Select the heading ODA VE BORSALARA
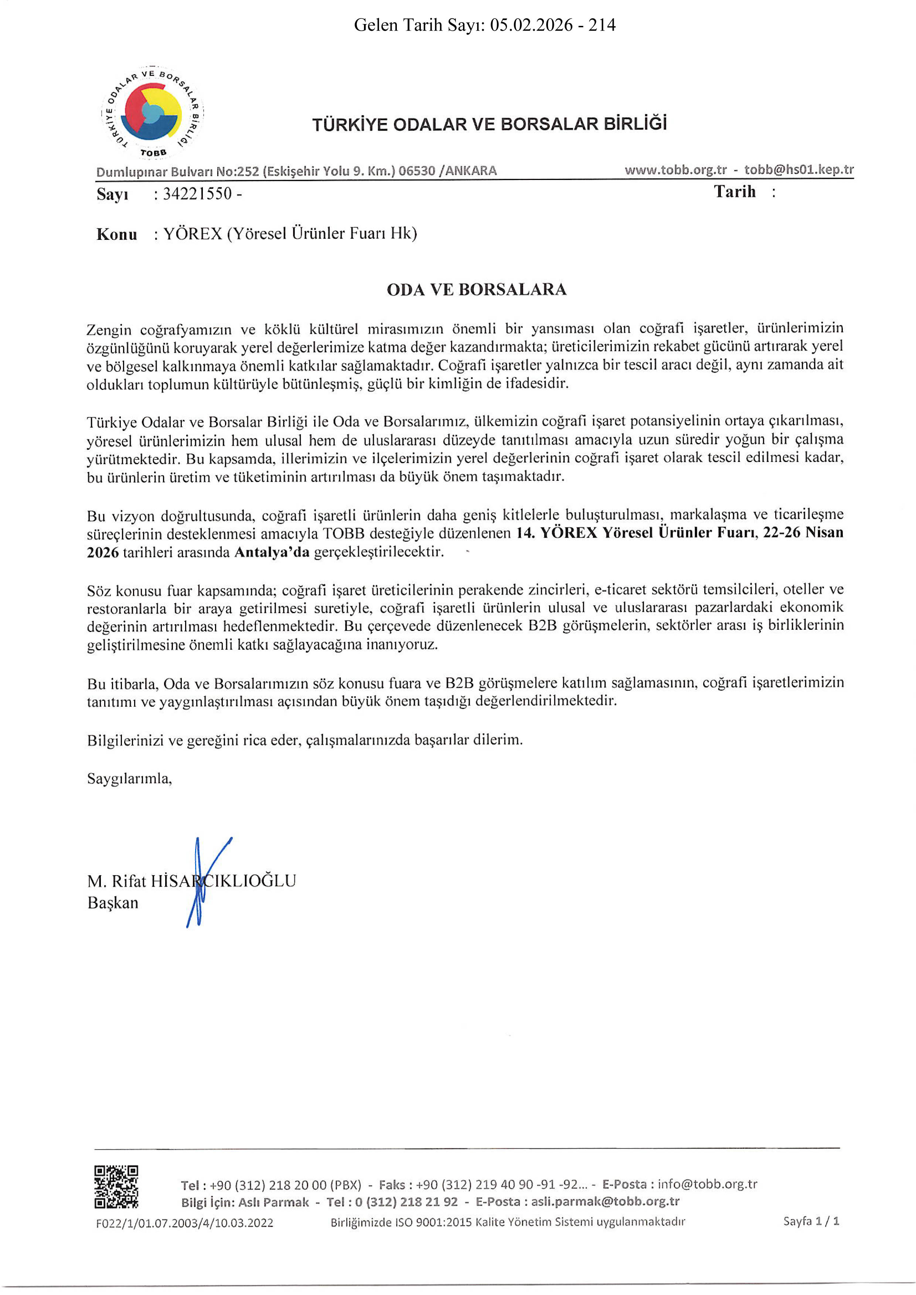[477, 289]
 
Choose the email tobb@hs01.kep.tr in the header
[798, 170]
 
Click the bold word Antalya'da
[272, 552]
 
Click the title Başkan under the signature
[113, 903]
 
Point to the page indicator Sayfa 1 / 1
[811, 1221]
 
